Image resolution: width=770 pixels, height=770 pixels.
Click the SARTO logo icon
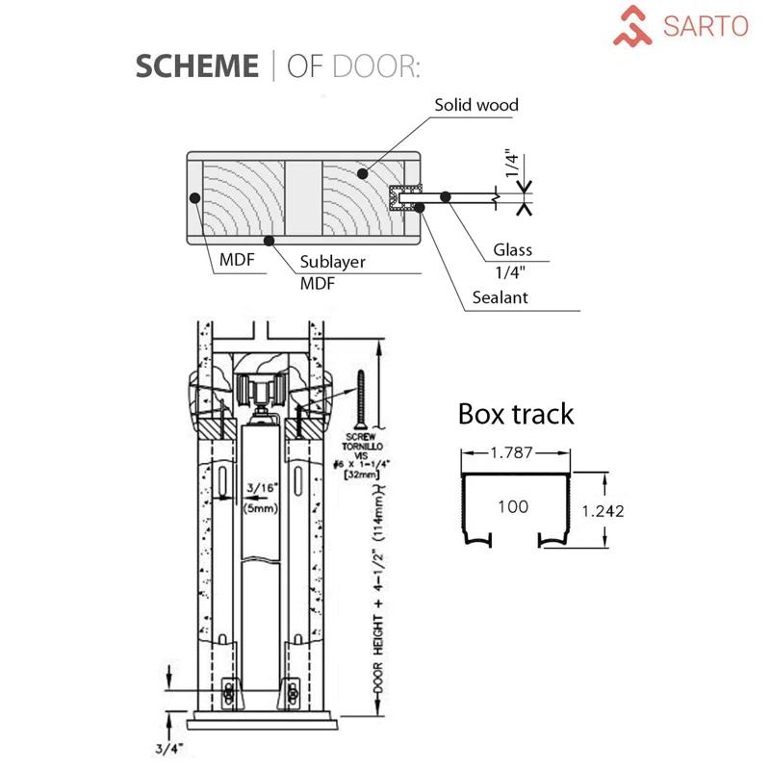634,26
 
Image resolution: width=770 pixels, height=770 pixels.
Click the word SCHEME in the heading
196,65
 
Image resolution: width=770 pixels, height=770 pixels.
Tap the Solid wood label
475,105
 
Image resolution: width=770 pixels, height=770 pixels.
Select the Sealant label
500,297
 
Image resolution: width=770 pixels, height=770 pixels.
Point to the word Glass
513,250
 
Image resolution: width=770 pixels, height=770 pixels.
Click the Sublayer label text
331,262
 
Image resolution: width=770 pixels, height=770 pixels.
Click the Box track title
515,414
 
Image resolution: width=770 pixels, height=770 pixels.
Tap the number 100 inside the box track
512,506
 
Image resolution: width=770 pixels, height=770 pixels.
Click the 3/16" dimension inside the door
259,486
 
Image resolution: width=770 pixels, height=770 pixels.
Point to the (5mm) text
259,507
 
